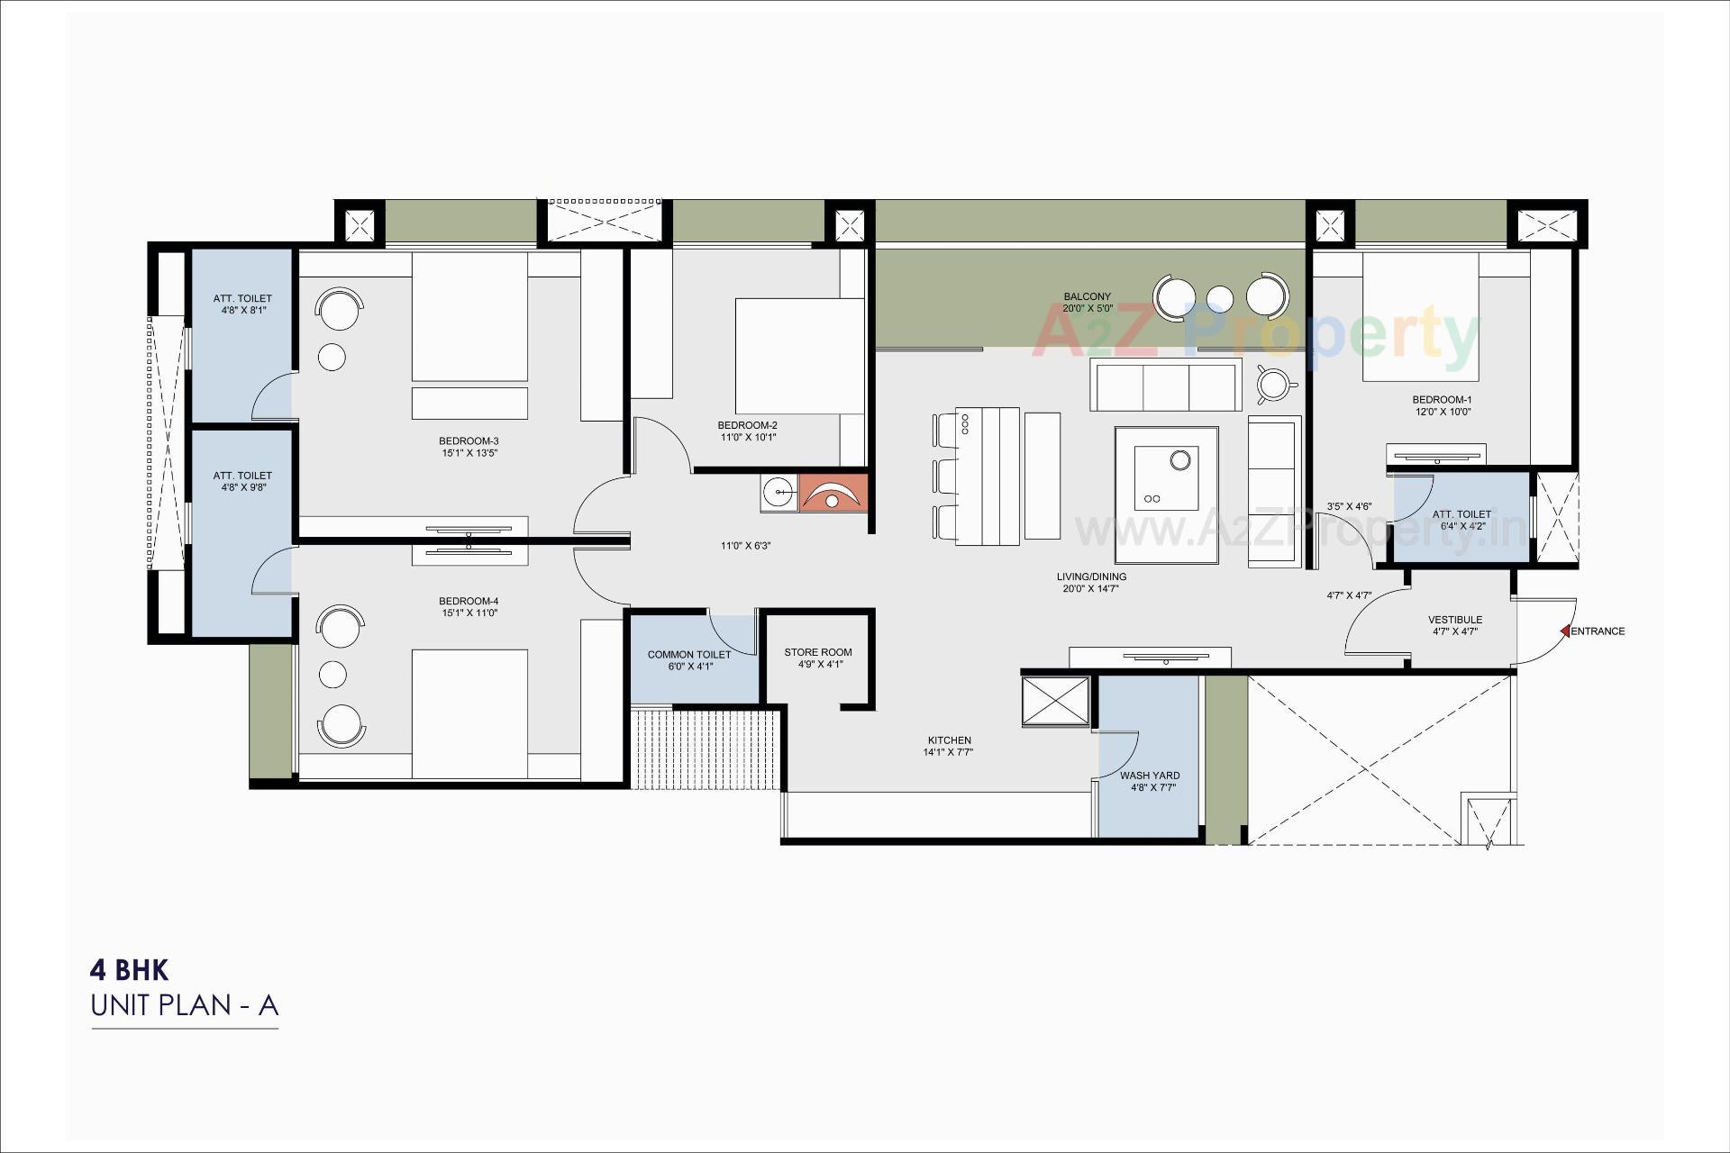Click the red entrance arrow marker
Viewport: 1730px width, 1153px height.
1566,631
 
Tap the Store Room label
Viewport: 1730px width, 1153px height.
817,652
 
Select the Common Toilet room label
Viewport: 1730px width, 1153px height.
688,655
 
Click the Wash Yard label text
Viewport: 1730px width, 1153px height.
1150,776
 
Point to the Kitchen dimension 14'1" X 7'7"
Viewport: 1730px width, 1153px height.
948,752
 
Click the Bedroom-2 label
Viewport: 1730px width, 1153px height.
747,425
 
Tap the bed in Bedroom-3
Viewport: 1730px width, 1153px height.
469,317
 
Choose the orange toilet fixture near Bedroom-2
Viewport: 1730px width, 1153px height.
834,493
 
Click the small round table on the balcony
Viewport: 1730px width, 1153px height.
1219,297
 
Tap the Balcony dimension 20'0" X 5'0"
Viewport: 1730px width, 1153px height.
1088,308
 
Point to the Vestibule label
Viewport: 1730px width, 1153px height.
1454,620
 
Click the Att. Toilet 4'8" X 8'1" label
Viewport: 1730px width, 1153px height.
242,298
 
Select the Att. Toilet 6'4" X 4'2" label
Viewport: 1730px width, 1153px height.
1461,514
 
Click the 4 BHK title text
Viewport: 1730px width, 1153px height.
129,970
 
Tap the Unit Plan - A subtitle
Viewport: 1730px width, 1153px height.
185,1005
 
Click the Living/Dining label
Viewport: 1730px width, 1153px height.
1091,576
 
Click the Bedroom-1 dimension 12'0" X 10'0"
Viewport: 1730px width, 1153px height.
1442,412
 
